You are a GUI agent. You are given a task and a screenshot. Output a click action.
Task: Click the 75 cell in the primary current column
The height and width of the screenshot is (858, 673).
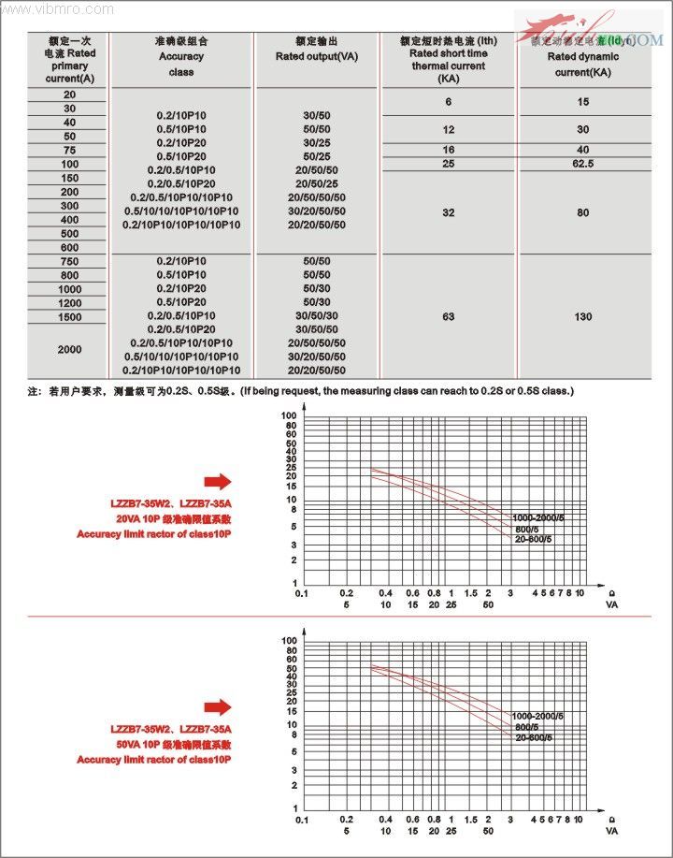70,151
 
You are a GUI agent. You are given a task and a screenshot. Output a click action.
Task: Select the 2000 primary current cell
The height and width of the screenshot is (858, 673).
70,349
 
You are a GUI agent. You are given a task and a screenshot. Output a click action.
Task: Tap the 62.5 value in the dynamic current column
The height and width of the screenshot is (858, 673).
583,164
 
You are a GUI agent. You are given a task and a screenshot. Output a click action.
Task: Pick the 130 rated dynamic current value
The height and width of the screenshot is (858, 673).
583,316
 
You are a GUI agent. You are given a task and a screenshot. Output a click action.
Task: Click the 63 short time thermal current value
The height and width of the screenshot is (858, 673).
449,316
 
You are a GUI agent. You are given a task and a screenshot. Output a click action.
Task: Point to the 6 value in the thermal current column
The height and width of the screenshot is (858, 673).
449,101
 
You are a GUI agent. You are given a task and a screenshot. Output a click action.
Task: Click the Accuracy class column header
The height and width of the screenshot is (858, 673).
181,57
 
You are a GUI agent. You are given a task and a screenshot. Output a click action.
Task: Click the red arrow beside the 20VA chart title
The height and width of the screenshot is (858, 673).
218,481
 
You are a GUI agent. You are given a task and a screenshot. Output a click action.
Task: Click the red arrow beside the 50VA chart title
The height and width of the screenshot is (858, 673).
218,706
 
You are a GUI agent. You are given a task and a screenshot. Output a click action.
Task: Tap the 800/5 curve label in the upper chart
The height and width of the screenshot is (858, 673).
528,530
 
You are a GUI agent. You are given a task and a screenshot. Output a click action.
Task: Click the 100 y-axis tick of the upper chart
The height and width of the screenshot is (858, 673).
290,414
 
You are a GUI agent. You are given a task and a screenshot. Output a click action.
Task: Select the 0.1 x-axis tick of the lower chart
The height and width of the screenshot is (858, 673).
301,819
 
